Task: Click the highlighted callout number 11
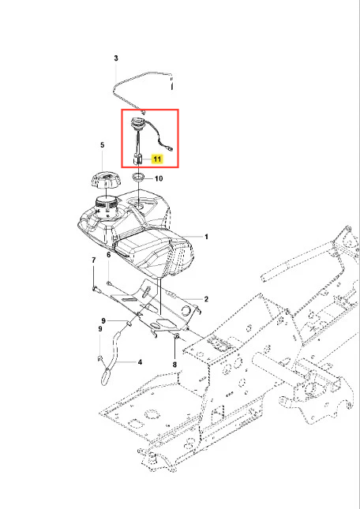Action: (157, 159)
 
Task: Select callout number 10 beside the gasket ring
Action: (159, 178)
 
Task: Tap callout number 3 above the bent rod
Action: (116, 58)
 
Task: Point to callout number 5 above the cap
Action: (103, 144)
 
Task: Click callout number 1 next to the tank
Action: (206, 237)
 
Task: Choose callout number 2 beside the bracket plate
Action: (206, 298)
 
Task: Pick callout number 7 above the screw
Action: (94, 260)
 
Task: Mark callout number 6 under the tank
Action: (108, 255)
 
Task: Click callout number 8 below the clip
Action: (174, 365)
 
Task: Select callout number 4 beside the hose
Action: (140, 361)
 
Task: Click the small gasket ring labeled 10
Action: (139, 178)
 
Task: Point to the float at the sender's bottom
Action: (137, 159)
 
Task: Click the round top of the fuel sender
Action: (137, 124)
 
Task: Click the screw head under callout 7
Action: (95, 288)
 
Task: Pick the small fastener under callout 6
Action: (110, 283)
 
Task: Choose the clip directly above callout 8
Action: (177, 336)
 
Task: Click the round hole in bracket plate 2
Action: (187, 311)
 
